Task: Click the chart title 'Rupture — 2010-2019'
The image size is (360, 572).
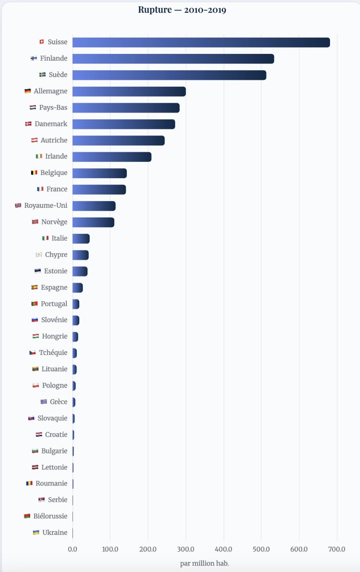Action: [182, 10]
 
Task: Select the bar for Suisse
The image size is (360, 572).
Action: [201, 42]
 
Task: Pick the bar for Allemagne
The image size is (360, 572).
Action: [129, 91]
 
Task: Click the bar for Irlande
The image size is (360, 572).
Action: [112, 156]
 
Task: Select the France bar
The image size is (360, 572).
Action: [99, 189]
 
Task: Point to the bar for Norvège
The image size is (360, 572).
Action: [93, 222]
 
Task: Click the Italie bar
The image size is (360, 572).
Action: [81, 238]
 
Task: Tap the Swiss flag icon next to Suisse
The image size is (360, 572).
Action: [41, 42]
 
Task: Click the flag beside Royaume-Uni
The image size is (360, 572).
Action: [18, 205]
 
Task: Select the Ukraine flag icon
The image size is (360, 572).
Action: [36, 532]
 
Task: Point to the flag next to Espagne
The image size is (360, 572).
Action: [34, 287]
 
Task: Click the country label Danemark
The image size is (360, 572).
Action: [51, 124]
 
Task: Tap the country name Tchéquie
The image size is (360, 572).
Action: [53, 353]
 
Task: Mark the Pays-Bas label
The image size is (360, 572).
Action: [53, 108]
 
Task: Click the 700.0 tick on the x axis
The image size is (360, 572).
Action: [337, 549]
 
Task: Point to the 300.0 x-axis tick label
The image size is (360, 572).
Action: [185, 549]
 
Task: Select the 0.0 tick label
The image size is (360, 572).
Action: [72, 549]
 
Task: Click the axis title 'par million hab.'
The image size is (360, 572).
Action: [205, 563]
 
